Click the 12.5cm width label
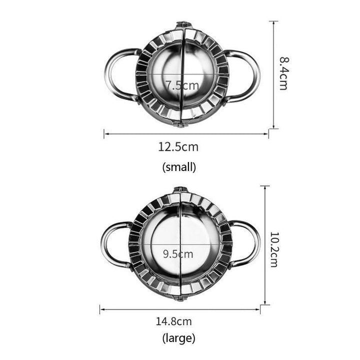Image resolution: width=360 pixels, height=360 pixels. point(178,146)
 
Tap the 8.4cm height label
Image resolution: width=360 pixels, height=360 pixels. point(284,73)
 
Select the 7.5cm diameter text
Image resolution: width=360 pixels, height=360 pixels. point(182,85)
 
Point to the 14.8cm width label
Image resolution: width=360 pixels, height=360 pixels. point(174,321)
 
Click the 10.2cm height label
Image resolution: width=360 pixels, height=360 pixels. point(274,249)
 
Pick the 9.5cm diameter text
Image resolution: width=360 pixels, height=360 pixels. point(178,254)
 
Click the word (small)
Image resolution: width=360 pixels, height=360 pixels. point(179,167)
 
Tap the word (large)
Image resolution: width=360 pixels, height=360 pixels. point(179,338)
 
